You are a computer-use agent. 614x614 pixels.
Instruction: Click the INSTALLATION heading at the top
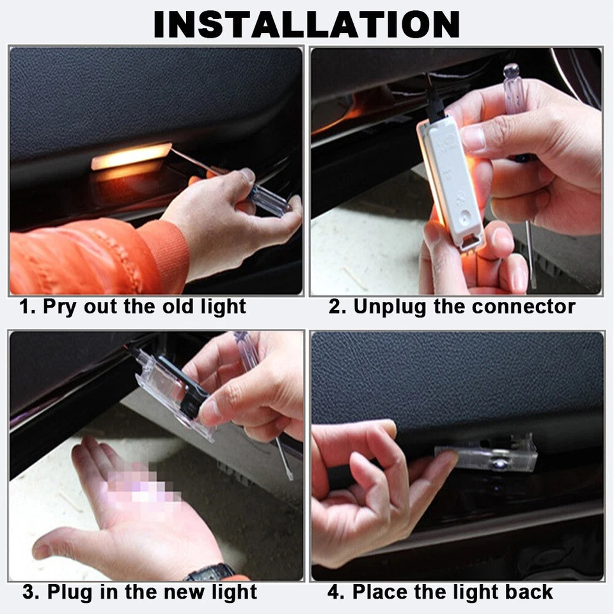click(306, 24)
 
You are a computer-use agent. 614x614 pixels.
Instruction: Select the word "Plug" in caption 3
click(70, 592)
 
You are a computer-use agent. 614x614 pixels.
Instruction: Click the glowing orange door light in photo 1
click(131, 157)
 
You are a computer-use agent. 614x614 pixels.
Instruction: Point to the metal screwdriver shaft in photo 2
click(530, 256)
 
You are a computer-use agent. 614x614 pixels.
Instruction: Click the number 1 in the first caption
click(24, 306)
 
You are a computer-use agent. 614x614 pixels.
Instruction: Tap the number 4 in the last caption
click(333, 592)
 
